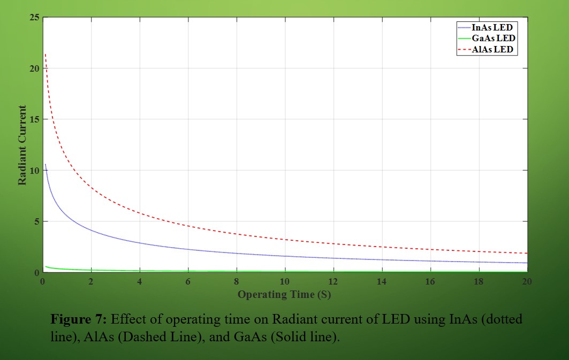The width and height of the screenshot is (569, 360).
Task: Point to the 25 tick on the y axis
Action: [x=35, y=18]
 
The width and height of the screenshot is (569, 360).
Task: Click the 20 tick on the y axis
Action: [x=35, y=68]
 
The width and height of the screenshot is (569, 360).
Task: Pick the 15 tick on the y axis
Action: [x=35, y=119]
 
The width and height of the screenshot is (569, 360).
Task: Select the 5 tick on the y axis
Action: [x=37, y=221]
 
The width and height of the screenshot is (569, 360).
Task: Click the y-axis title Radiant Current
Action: [x=22, y=145]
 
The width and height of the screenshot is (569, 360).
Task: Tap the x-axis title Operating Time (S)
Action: [x=284, y=294]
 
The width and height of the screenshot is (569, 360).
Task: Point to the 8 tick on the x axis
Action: [x=237, y=281]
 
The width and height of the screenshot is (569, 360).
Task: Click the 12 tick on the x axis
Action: [x=333, y=281]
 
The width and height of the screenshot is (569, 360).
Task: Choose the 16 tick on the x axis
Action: [x=430, y=281]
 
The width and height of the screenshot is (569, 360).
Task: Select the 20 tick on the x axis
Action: [x=527, y=281]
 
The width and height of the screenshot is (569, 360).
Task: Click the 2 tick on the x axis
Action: [x=91, y=281]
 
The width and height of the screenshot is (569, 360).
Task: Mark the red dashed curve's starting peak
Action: [x=45, y=55]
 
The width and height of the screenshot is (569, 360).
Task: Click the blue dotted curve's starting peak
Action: [x=45, y=164]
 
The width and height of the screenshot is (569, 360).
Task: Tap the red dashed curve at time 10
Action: [x=285, y=239]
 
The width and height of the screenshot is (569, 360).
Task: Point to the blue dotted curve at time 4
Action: [x=140, y=243]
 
